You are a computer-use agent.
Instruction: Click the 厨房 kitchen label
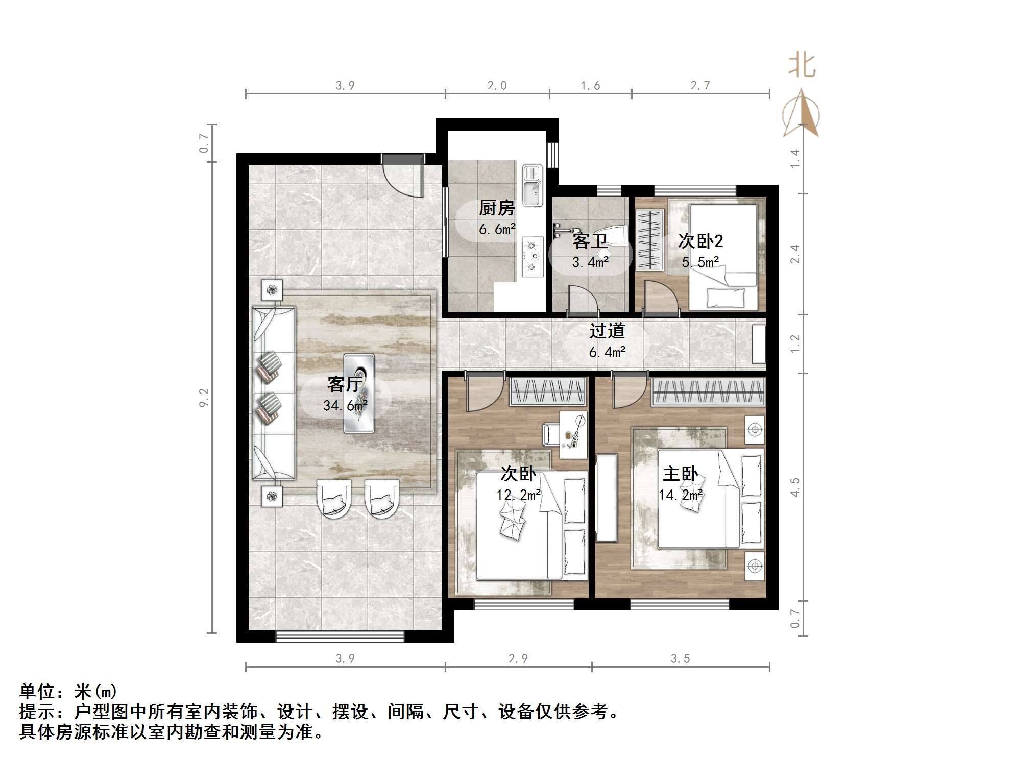496,208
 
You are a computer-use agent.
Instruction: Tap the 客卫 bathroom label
590,241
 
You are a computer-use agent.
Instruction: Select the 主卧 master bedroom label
680,474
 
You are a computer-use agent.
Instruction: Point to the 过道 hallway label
607,331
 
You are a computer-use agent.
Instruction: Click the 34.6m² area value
345,406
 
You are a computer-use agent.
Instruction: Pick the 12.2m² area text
518,495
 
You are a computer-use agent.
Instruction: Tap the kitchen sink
533,185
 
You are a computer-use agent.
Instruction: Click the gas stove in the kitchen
533,257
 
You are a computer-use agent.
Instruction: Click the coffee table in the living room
359,393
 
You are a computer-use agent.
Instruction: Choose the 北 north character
802,66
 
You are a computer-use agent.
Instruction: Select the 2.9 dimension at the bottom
518,658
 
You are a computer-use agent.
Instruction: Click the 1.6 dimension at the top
590,86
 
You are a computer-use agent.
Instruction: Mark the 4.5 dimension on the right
795,487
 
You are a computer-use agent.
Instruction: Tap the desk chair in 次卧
550,434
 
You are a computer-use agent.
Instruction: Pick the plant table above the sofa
272,290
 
